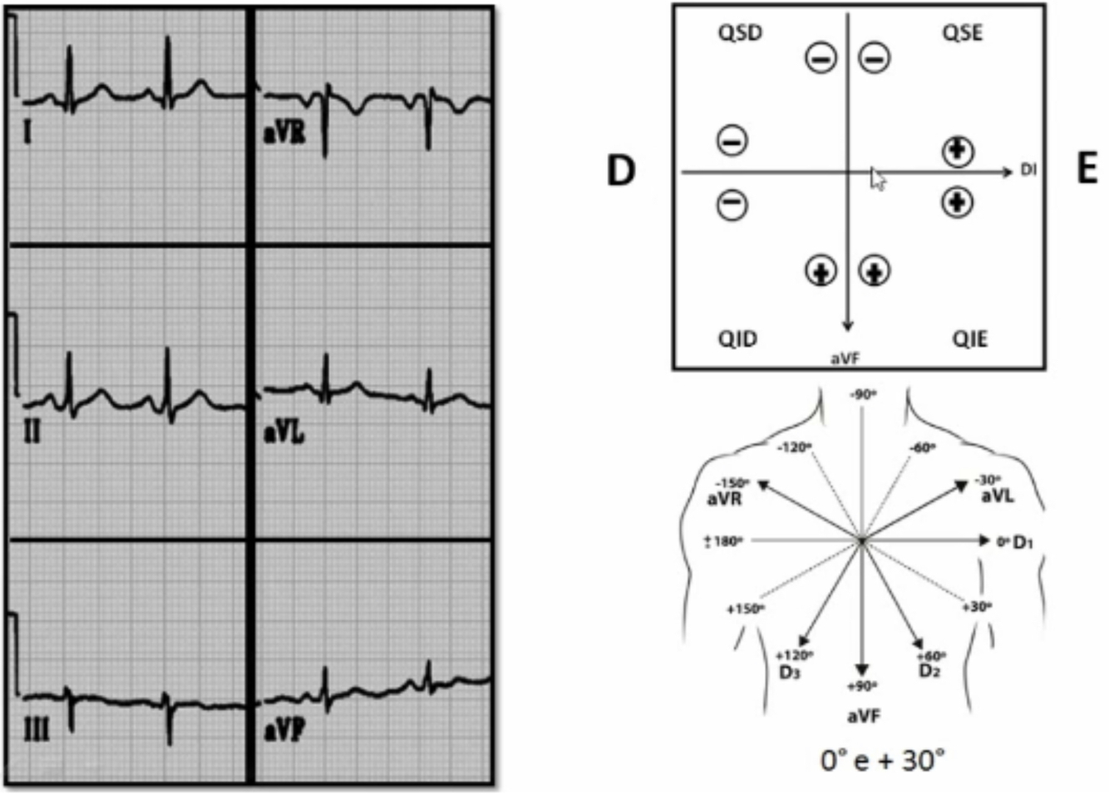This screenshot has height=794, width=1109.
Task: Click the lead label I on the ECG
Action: (28, 131)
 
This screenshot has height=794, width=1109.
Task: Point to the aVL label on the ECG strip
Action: (283, 432)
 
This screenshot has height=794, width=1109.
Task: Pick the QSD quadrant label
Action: (739, 33)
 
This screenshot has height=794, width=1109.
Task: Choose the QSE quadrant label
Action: (962, 33)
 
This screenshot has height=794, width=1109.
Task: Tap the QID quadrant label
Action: (737, 339)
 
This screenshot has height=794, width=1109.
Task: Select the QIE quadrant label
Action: (969, 339)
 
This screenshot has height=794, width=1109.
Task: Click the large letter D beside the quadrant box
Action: (621, 170)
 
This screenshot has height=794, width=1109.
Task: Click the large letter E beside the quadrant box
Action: (1087, 170)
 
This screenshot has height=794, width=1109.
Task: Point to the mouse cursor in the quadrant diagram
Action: (877, 178)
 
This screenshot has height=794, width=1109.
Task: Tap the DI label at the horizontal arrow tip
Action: (1029, 170)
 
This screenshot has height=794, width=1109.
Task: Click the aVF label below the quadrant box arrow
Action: (845, 358)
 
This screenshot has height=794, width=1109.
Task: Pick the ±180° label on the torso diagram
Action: (722, 542)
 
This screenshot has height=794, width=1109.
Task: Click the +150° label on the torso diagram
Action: (745, 609)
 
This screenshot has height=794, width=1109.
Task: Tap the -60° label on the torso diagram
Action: (922, 448)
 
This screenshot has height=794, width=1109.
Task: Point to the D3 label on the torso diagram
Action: (789, 671)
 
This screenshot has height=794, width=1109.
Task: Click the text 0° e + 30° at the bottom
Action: (882, 760)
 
